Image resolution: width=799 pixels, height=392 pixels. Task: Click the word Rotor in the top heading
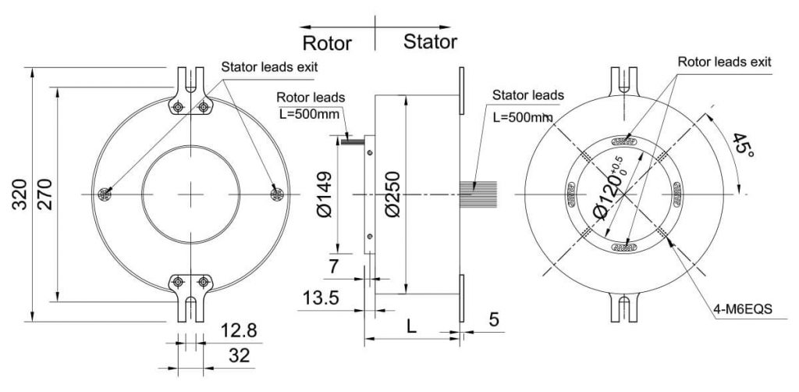click(326, 42)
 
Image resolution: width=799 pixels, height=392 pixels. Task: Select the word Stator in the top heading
click(430, 41)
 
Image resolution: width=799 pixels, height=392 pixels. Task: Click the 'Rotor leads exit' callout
click(724, 61)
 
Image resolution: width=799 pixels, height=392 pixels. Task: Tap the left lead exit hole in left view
click(105, 193)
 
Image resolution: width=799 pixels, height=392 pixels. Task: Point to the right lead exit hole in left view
click(275, 193)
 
